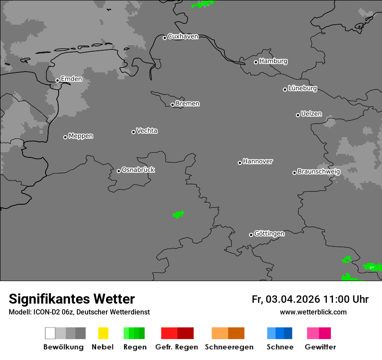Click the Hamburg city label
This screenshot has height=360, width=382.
coord(273,61)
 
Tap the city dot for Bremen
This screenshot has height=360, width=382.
coord(172,105)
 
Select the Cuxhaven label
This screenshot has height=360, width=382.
coord(183,36)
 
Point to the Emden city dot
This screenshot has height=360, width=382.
coord(57,80)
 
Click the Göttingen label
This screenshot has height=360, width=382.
coord(269,233)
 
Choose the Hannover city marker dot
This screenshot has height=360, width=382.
coord(240,163)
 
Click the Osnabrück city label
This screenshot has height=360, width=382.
coord(138,170)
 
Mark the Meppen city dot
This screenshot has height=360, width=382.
coord(65,137)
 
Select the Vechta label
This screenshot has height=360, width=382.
coord(147,131)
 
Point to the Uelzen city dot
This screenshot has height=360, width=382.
coord(298,115)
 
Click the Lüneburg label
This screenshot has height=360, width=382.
coord(302,88)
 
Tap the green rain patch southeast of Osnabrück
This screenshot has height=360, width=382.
coord(178,214)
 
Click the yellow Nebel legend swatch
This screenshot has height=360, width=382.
coord(103,333)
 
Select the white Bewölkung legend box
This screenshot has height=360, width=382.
coord(50,333)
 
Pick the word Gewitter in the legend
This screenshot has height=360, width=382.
coord(320,347)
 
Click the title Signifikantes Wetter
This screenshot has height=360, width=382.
coord(72,299)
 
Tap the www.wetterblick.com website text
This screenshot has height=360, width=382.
coord(313,312)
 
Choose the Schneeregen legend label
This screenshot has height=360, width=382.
coord(229,347)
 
